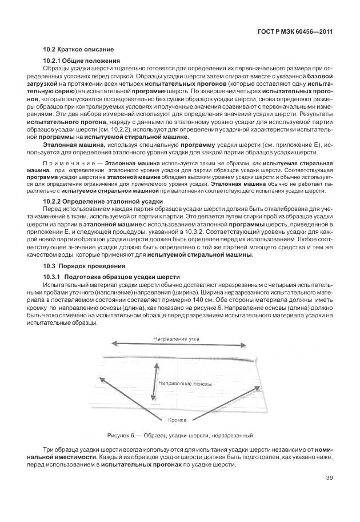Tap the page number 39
pos(329,479)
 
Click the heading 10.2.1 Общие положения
pos(82,61)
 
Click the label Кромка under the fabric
pos(177,420)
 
